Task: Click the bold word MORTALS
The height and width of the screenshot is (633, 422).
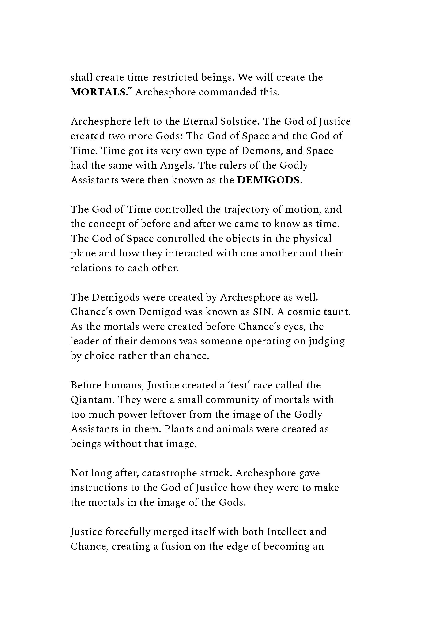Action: pyautogui.click(x=98, y=92)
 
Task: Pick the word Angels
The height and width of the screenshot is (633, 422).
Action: pyautogui.click(x=177, y=165)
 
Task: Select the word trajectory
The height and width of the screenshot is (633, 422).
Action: pyautogui.click(x=247, y=209)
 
